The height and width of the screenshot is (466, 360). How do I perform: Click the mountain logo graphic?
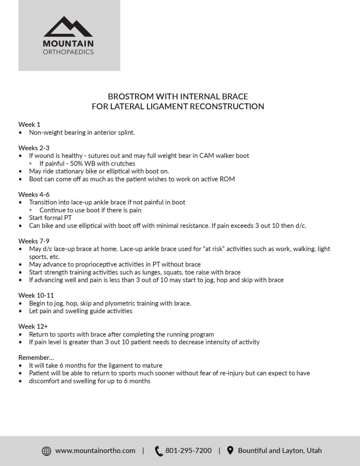pos(68,27)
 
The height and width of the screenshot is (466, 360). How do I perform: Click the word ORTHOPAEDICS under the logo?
pos(68,52)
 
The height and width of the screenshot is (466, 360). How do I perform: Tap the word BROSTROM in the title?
pos(131,96)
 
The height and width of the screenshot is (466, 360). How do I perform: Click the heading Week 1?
pos(29,124)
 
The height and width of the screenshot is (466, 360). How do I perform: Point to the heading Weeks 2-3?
pos(34,148)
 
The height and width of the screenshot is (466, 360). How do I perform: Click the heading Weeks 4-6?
pos(34,194)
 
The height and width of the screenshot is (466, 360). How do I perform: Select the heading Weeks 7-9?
pos(34,241)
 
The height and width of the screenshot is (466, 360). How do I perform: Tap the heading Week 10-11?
pos(36,295)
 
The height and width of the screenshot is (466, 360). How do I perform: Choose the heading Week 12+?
pos(33,326)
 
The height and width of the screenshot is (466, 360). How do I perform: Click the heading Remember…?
pos(36,357)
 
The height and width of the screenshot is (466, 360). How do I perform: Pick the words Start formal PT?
pos(50,218)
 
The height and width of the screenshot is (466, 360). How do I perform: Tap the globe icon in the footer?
pos(46,451)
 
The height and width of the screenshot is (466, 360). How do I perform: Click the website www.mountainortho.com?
pos(95,451)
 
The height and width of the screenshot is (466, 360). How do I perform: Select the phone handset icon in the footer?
pos(159,451)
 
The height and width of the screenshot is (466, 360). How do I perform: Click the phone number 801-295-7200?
pos(188,451)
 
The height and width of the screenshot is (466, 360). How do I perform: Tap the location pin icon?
pos(230,451)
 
